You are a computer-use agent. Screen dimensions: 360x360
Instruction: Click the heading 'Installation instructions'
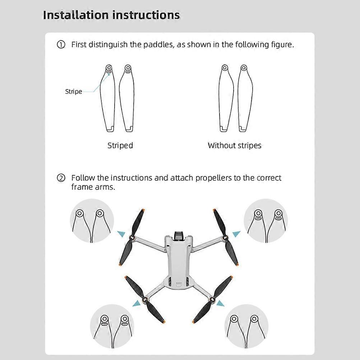coord(111,15)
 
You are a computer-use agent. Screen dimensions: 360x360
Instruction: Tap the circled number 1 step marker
coord(61,45)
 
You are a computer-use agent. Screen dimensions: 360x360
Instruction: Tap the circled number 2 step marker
coord(61,178)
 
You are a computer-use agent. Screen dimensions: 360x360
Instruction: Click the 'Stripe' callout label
coord(73,92)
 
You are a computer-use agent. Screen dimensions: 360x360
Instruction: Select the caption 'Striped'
coord(120,146)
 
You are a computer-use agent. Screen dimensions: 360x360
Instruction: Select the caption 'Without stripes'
coord(234,146)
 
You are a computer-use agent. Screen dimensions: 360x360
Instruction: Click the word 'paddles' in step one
coord(158,45)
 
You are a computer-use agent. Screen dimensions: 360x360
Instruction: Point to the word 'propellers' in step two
coord(213,178)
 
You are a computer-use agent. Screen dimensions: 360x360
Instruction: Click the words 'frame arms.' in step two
coord(93,187)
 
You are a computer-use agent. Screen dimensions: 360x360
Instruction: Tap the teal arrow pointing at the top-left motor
coord(122,234)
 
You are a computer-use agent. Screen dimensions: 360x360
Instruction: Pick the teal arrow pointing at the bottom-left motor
coord(137,304)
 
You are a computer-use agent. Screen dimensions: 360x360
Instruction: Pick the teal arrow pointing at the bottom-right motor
coord(220,304)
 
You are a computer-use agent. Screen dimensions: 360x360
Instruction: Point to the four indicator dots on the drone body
coord(179,283)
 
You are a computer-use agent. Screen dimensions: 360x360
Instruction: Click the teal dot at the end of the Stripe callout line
coord(109,74)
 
